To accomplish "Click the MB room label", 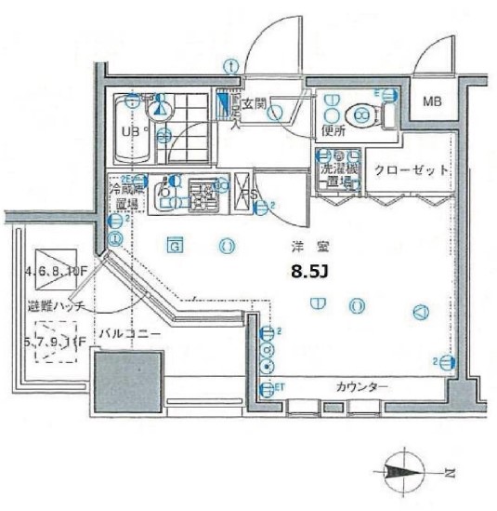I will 434,100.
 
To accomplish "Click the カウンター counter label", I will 362,387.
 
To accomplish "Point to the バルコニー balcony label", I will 131,332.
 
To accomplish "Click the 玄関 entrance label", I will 255,104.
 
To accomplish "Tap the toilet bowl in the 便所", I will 363,114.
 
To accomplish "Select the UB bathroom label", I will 131,131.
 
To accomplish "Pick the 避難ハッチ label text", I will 59,305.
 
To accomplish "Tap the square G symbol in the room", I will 174,246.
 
